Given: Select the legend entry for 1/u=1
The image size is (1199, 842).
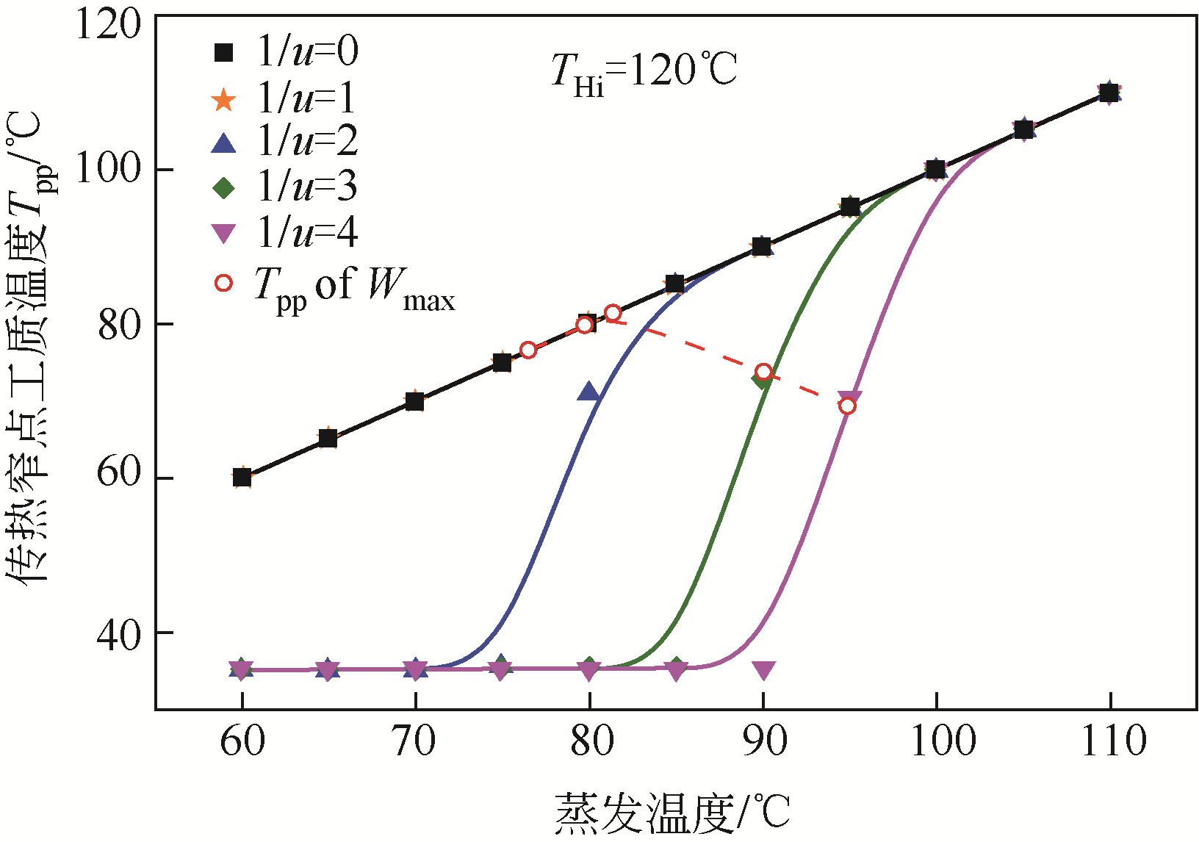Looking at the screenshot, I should point(287,97).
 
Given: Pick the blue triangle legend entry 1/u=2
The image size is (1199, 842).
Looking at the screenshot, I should point(287,141).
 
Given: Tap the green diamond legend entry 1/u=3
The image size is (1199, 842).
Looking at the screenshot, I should point(287,187).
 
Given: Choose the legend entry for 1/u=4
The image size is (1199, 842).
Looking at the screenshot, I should point(287,232).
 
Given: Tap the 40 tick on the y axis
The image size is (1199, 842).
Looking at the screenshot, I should point(119,633).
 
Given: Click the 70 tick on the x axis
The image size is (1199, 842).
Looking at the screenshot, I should point(415,741).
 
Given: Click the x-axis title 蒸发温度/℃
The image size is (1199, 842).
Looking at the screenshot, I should point(671,813).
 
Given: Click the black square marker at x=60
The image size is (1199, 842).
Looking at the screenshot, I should point(242,477).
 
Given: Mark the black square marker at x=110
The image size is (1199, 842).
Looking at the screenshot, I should point(1109,93).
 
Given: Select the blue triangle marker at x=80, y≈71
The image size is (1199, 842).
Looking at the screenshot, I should point(588,392).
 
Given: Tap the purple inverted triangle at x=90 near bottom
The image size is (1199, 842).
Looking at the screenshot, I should point(763,670).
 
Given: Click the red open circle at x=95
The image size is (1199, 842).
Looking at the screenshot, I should point(847,406).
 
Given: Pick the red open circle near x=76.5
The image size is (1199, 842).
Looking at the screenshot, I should point(528,350).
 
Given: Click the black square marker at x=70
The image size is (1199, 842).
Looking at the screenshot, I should point(415,401).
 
